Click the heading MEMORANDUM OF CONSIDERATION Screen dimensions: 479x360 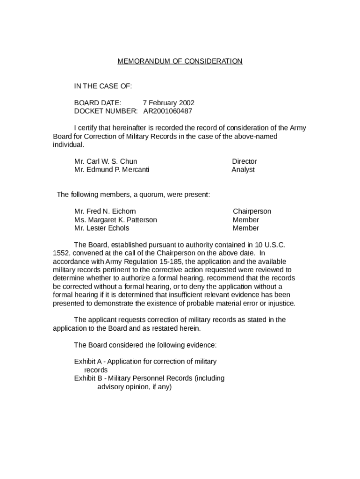pyautogui.click(x=180, y=61)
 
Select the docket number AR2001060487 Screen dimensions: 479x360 pyautogui.click(x=167, y=111)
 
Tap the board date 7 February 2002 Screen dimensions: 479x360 pyautogui.click(x=168, y=103)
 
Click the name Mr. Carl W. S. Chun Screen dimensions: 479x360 pyautogui.click(x=106, y=161)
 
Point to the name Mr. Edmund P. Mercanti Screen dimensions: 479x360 pyautogui.click(x=112, y=170)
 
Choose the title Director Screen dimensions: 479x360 pyautogui.click(x=244, y=161)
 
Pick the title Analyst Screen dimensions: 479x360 pyautogui.click(x=243, y=170)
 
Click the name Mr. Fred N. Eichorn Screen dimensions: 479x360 pyautogui.click(x=105, y=211)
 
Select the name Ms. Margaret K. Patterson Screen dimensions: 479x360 pyautogui.click(x=115, y=220)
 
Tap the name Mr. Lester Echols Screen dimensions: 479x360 pyautogui.click(x=101, y=228)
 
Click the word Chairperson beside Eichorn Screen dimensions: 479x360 pyautogui.click(x=252, y=211)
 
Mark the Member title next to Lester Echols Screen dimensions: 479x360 pyautogui.click(x=245, y=228)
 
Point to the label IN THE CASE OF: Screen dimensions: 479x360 pyautogui.click(x=103, y=86)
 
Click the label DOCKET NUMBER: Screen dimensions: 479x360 pyautogui.click(x=106, y=111)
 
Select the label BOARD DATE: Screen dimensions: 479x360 pyautogui.click(x=98, y=103)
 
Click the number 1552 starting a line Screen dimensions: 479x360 pyautogui.click(x=61, y=253)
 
